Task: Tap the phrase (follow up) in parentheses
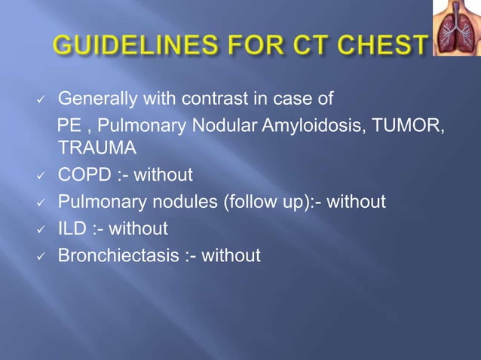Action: [257, 203]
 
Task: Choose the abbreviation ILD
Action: [72, 229]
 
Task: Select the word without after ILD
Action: [139, 229]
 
